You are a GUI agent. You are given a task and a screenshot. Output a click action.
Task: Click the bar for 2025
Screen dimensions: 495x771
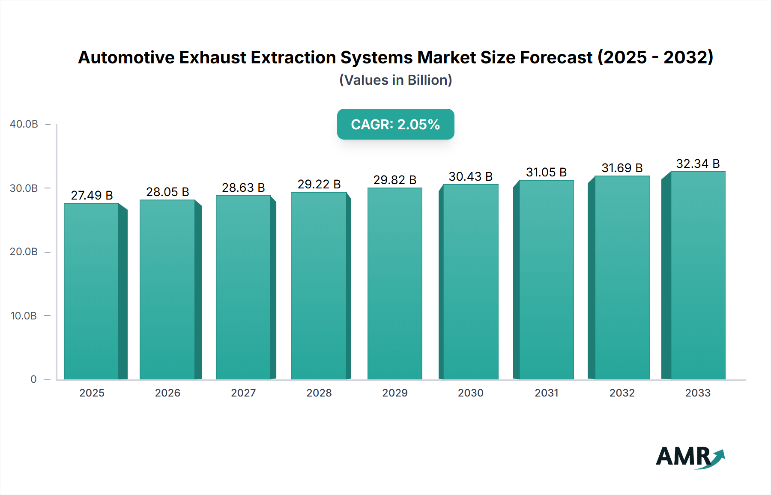coord(92,291)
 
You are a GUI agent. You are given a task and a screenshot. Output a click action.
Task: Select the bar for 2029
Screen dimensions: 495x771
coord(394,283)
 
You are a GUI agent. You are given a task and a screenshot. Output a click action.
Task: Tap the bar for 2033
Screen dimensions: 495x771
coord(698,275)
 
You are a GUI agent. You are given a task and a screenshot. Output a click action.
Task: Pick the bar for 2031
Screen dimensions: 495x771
coord(547,280)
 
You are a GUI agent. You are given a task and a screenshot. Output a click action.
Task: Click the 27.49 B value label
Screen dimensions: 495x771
coord(92,195)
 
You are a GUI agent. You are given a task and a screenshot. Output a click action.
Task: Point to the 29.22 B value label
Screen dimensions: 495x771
coord(319,184)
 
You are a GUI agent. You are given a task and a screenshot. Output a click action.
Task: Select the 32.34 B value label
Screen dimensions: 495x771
coord(698,164)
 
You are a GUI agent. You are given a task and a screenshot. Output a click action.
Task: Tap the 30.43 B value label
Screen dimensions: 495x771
coord(470,176)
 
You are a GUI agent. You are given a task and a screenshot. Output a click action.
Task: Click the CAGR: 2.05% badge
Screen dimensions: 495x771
coord(395,124)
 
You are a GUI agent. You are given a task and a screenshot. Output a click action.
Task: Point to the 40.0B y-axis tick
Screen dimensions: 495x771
coord(24,124)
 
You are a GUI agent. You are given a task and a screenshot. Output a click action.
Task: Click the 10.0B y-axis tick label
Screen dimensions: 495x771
coord(24,316)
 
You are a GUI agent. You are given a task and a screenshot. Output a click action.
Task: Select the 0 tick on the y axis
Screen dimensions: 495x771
coord(33,379)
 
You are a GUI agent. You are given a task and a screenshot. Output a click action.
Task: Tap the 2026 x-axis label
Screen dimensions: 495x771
coord(167,393)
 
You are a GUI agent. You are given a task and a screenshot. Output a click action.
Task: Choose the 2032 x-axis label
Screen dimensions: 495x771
coord(622,393)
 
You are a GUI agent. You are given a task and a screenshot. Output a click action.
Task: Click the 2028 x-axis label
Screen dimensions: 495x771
coord(319,393)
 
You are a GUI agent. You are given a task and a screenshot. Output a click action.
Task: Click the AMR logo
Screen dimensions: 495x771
coord(690,457)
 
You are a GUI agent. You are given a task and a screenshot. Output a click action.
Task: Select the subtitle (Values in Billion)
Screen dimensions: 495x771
coord(395,80)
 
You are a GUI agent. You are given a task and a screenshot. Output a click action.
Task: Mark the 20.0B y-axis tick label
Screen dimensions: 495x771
coord(24,252)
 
